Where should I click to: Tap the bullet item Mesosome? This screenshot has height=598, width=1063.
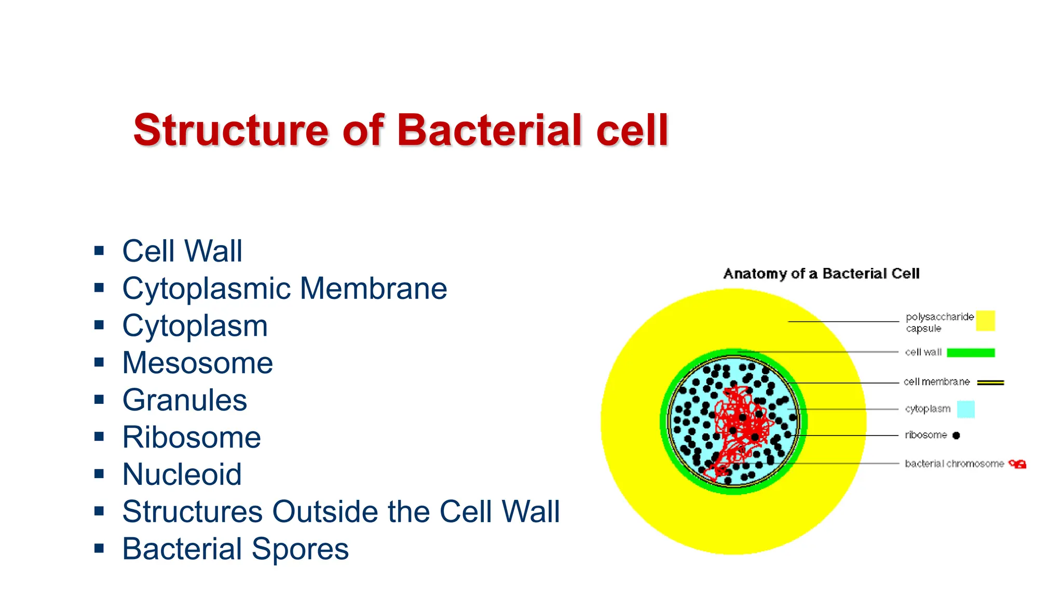(197, 362)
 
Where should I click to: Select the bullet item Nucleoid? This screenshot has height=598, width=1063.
(182, 474)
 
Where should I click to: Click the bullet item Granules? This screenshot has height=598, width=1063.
(184, 400)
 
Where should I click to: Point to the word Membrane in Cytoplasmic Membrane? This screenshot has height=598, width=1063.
(373, 288)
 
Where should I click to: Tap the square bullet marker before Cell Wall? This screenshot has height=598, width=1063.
(99, 251)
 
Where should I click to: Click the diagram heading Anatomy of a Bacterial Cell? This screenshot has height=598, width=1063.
(821, 274)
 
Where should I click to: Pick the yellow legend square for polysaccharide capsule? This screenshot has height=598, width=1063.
(985, 320)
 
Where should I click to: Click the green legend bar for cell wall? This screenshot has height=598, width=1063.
(971, 352)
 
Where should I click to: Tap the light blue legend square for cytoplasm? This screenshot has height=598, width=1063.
(965, 409)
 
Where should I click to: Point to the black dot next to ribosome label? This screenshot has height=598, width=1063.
(956, 436)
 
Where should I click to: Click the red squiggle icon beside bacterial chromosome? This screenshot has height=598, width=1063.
(1018, 464)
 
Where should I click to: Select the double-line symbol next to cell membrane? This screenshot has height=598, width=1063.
(990, 383)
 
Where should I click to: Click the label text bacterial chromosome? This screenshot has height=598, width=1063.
(954, 464)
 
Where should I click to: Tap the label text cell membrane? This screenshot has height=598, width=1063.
(936, 382)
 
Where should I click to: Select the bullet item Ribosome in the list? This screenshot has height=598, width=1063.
(191, 437)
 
